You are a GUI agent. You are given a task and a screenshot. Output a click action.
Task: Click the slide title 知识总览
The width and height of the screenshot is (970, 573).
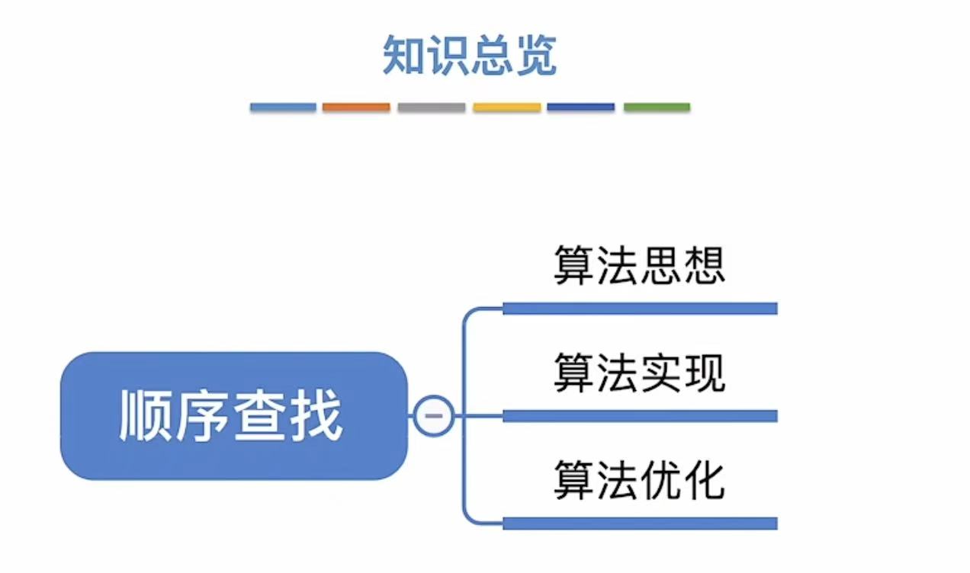coord(470,55)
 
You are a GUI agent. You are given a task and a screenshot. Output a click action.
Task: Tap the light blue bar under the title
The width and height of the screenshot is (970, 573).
coord(283,107)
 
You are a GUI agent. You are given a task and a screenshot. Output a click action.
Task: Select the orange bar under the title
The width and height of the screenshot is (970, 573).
coord(356,107)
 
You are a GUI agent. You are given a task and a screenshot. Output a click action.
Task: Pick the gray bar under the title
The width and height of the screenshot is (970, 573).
coord(431,107)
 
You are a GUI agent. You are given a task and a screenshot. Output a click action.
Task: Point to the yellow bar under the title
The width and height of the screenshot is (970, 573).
coord(506,107)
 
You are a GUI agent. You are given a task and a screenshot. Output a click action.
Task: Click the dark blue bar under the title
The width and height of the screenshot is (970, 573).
coord(580,107)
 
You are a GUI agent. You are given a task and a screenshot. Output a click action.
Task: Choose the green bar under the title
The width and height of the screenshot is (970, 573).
coord(657,107)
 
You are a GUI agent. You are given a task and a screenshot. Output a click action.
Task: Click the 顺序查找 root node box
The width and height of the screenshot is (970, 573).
coord(233,416)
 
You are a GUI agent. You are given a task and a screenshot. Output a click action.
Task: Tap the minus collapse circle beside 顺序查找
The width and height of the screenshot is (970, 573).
coord(433,416)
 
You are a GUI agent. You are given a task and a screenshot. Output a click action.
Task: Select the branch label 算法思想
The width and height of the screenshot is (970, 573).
coord(639,266)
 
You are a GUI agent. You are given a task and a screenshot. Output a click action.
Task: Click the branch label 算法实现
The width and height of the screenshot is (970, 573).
coord(639,373)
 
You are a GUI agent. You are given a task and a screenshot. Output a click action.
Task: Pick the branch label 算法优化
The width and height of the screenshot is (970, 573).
coord(639,480)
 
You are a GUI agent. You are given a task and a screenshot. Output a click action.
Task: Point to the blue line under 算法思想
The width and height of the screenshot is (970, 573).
coord(639,309)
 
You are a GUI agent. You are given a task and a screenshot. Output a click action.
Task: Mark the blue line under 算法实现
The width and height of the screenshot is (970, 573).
coord(639,416)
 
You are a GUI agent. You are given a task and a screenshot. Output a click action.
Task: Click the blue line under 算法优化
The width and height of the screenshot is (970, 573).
coord(639,523)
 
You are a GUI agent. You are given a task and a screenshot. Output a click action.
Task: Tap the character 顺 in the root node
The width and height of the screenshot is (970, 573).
coord(147,416)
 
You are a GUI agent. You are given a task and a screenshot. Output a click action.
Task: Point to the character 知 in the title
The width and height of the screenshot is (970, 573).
coord(403,55)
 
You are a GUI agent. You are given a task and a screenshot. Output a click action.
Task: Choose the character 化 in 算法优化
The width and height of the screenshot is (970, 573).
coord(703,480)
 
